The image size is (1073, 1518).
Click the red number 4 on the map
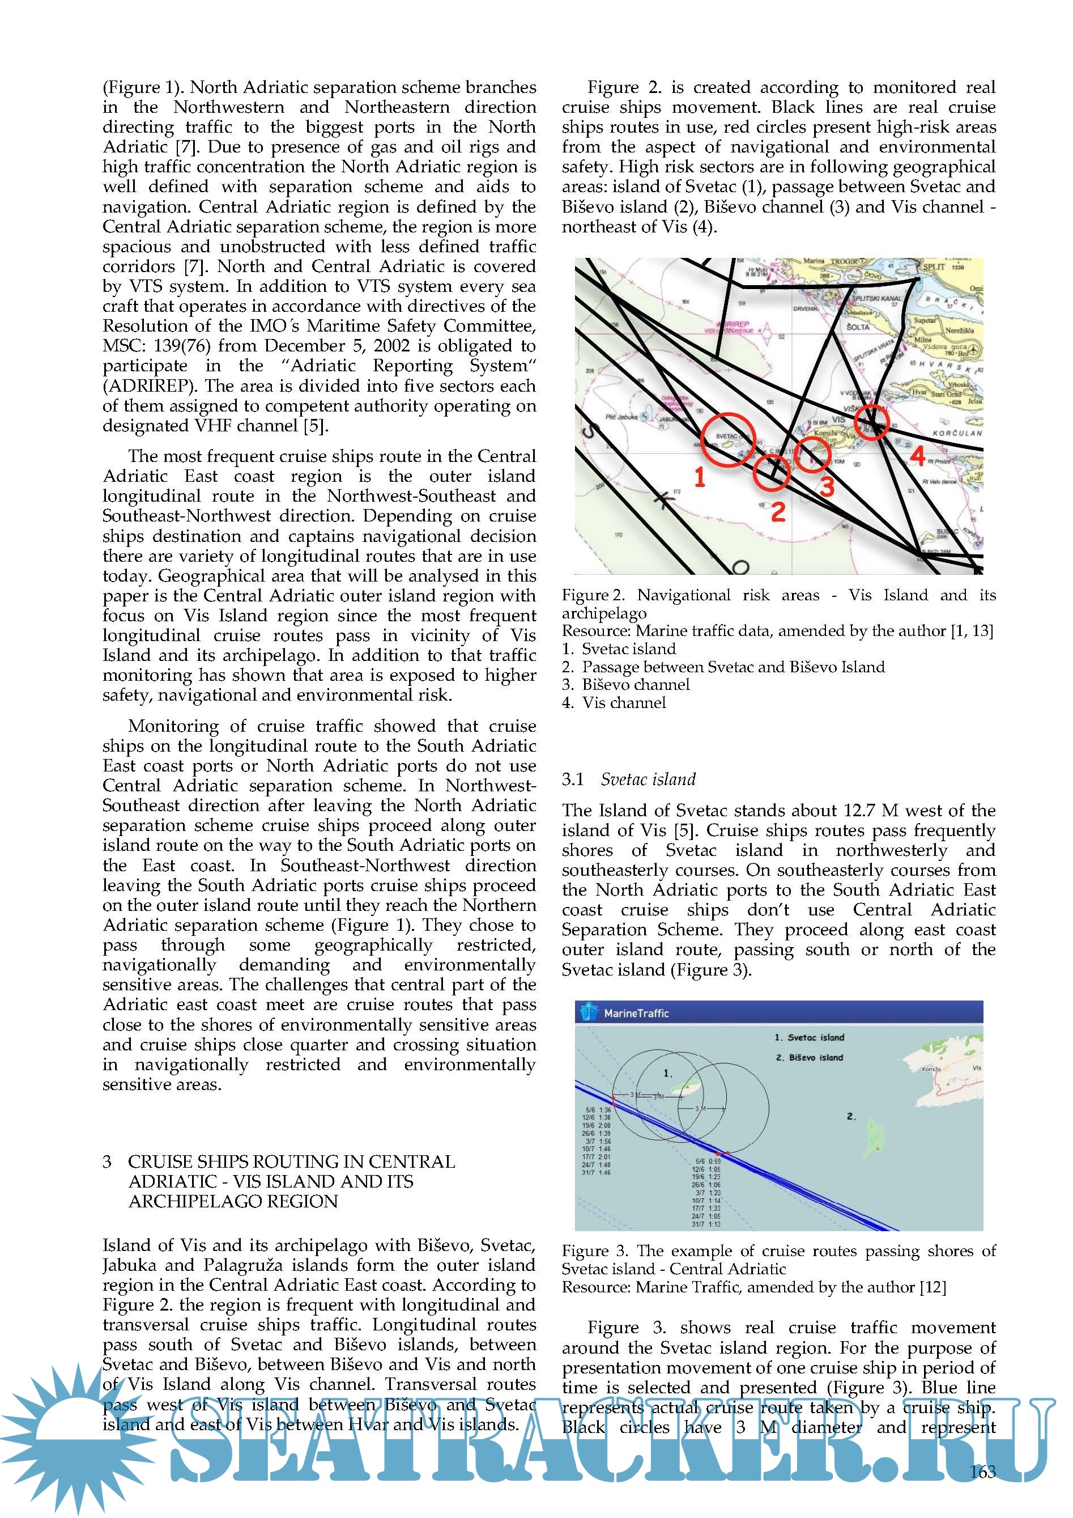917,456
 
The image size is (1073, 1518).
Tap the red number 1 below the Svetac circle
700,477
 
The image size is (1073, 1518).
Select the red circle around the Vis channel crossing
871,422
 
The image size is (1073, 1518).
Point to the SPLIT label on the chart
934,267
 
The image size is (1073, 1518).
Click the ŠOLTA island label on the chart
858,327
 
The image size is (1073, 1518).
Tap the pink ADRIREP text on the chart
736,325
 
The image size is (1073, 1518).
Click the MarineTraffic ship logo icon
588,1012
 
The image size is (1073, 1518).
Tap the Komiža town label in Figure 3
930,1069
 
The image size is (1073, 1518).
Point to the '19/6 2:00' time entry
596,1125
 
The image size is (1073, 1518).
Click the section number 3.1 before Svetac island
572,779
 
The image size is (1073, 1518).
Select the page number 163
982,1472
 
